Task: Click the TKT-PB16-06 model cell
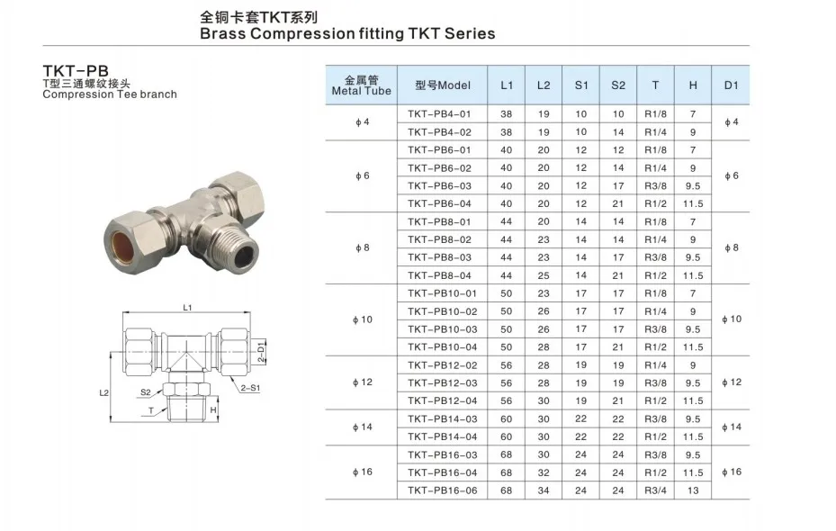(x=442, y=490)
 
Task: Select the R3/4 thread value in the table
(x=655, y=490)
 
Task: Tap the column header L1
(x=507, y=85)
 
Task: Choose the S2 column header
(x=618, y=85)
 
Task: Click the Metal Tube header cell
(x=362, y=85)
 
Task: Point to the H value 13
(x=693, y=490)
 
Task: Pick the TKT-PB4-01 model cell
(x=439, y=114)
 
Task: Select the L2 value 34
(x=544, y=490)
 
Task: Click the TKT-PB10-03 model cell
(x=442, y=329)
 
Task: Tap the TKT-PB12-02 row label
(x=442, y=365)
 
